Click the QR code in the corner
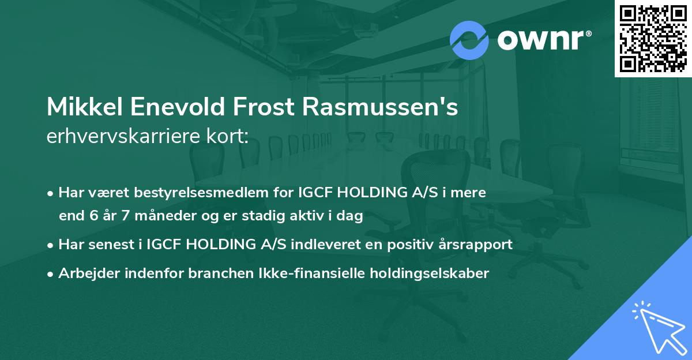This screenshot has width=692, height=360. click(653, 39)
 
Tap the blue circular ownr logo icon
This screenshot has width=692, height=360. click(469, 40)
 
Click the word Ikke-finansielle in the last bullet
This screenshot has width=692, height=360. click(312, 273)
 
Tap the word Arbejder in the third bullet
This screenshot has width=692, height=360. click(84, 273)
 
